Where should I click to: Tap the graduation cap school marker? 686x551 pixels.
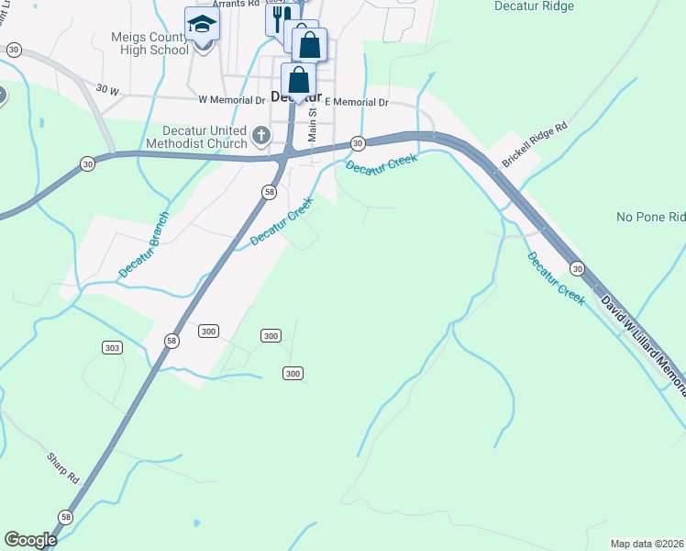pyautogui.click(x=202, y=25)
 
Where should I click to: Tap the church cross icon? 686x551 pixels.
pyautogui.click(x=261, y=137)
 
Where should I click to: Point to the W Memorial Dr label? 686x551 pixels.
pyautogui.click(x=231, y=99)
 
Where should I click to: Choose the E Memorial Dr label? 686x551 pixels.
pyautogui.click(x=357, y=102)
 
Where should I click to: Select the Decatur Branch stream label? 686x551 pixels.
pyautogui.click(x=144, y=246)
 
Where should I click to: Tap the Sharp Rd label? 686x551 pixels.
pyautogui.click(x=64, y=467)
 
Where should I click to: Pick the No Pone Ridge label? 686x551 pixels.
pyautogui.click(x=650, y=218)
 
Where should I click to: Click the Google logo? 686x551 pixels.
pyautogui.click(x=30, y=540)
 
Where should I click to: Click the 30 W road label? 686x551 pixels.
pyautogui.click(x=107, y=90)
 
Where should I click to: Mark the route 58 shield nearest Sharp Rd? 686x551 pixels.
pyautogui.click(x=65, y=517)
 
